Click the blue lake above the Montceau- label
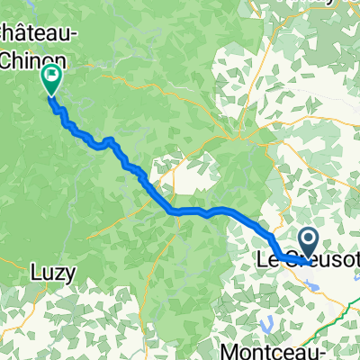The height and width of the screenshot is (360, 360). point(267,321)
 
